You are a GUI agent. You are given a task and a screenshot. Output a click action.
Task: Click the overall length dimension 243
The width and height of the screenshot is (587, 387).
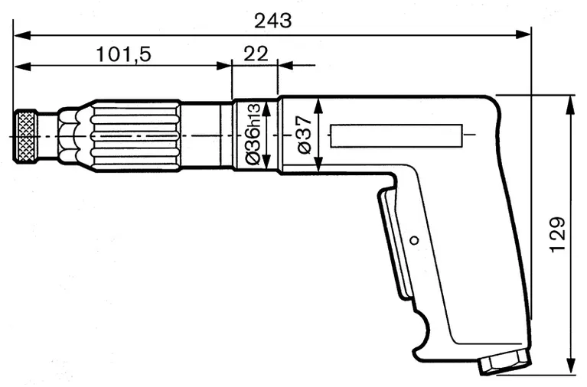click(273, 21)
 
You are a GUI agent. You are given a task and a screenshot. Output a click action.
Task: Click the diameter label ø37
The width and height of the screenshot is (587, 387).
click(304, 135)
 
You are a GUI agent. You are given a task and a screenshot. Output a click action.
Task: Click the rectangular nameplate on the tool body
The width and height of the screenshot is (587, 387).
click(396, 136)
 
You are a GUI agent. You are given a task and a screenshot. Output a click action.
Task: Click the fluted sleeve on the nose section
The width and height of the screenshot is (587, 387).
click(134, 136)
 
